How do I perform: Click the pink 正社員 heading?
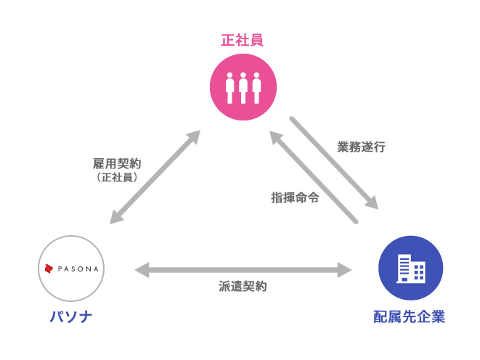pyautogui.click(x=242, y=41)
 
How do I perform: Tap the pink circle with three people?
pyautogui.click(x=243, y=87)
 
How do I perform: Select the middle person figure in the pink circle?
pyautogui.click(x=243, y=88)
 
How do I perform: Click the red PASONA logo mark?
pyautogui.click(x=49, y=269)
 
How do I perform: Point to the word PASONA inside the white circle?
pyautogui.click(x=78, y=269)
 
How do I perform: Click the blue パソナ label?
pyautogui.click(x=71, y=316)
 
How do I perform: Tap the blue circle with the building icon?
pyautogui.click(x=410, y=268)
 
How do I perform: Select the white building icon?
pyautogui.click(x=410, y=269)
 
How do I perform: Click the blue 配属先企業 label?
pyautogui.click(x=409, y=316)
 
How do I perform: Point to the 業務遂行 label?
pyautogui.click(x=361, y=147)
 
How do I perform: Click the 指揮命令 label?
pyautogui.click(x=295, y=197)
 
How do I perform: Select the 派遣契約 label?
pyautogui.click(x=243, y=286)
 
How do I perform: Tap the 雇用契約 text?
pyautogui.click(x=117, y=163)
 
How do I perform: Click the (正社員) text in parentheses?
pyautogui.click(x=117, y=177)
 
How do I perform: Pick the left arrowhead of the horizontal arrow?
pyautogui.click(x=142, y=270)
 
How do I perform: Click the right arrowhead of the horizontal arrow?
pyautogui.click(x=345, y=270)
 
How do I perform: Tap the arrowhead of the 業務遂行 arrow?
pyautogui.click(x=371, y=202)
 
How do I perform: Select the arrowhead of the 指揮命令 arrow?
pyautogui.click(x=276, y=138)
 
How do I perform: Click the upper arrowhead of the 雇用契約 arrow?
pyautogui.click(x=193, y=137)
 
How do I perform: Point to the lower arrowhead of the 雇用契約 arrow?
pyautogui.click(x=117, y=217)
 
